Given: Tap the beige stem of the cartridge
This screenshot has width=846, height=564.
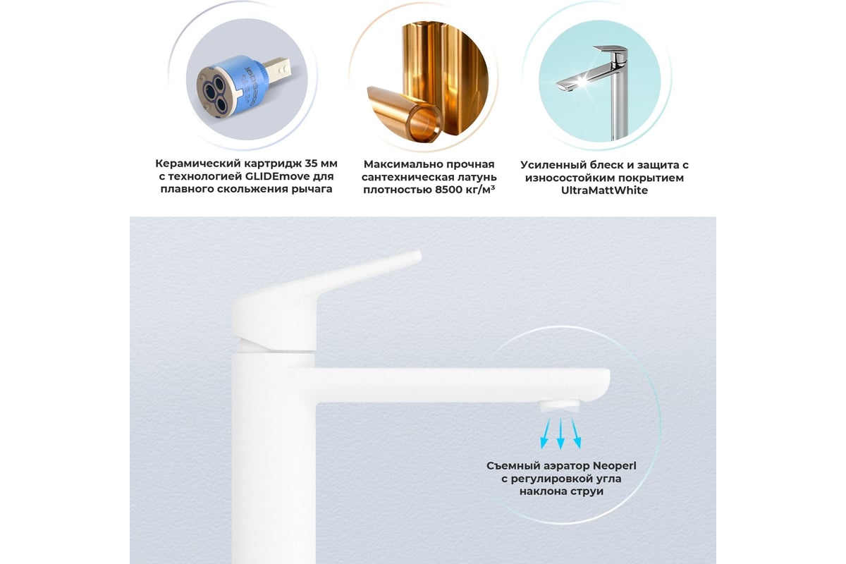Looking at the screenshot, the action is [x=278, y=70].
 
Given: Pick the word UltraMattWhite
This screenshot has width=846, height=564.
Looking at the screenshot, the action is [x=604, y=190].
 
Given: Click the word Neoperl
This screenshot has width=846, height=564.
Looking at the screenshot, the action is [x=615, y=466].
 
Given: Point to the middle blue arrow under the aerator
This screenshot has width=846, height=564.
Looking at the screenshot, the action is [x=560, y=434].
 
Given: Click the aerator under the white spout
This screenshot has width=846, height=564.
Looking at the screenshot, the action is [x=559, y=405].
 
